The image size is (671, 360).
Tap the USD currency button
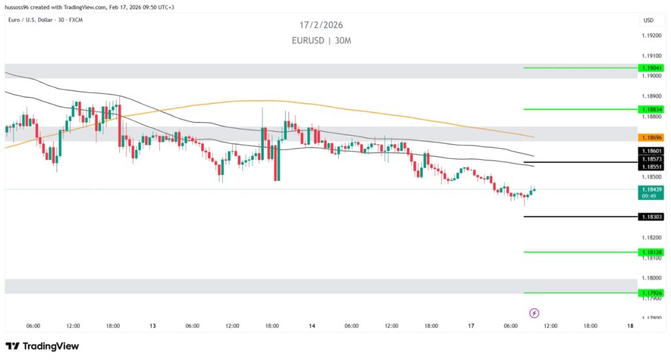point(649,20)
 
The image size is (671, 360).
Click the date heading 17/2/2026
point(321,25)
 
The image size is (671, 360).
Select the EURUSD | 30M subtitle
point(321,40)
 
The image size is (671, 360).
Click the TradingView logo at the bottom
point(42,346)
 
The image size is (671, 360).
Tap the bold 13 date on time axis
point(153,326)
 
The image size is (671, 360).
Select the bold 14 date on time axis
point(312,326)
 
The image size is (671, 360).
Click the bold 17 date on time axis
point(470,326)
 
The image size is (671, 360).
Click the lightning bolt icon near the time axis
point(534,313)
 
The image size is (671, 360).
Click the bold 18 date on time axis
point(630,326)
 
